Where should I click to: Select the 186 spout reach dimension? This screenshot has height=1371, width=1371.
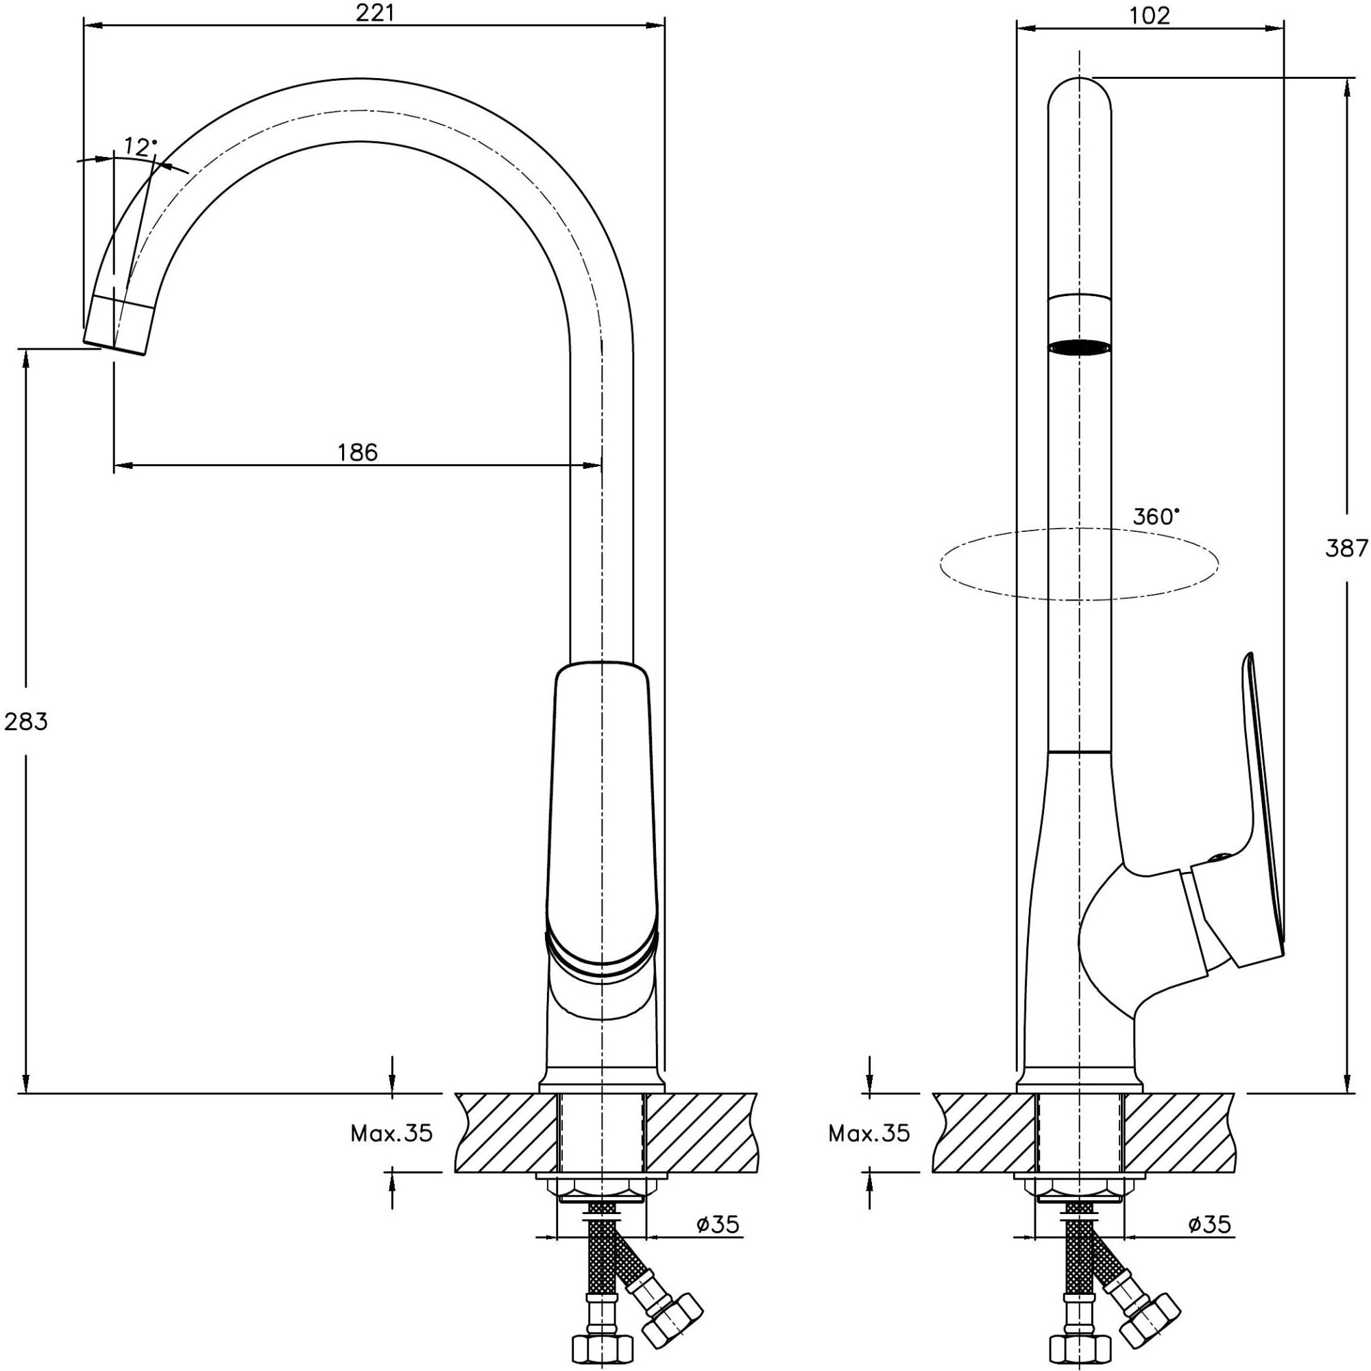(x=358, y=452)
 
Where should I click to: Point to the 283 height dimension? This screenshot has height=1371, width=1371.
(x=25, y=722)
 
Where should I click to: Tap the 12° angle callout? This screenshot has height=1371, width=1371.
(x=139, y=147)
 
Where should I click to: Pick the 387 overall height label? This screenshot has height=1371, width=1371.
(x=1346, y=548)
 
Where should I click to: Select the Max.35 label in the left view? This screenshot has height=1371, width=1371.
(x=391, y=1134)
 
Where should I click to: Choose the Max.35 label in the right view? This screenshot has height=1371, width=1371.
(x=869, y=1134)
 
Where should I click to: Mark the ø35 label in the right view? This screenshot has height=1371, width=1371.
(x=1209, y=1224)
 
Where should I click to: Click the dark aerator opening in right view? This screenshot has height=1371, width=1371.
(x=1080, y=347)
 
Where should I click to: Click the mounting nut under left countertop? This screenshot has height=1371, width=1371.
(x=601, y=1193)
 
